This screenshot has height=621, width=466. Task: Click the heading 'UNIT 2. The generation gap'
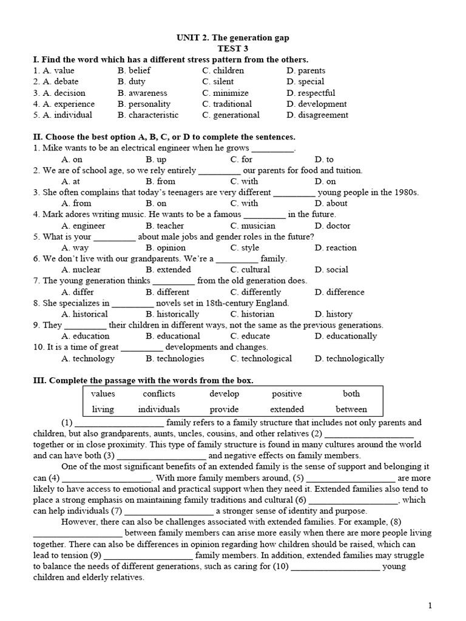tap(232, 38)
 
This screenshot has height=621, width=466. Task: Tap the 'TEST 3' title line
tap(232, 49)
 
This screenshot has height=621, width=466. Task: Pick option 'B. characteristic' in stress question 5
tap(148, 115)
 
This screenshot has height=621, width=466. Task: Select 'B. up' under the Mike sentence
tap(156, 159)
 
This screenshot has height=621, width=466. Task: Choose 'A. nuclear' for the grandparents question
tap(81, 269)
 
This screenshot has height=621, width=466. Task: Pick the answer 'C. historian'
tap(252, 314)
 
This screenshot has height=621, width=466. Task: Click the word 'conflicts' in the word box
tap(159, 394)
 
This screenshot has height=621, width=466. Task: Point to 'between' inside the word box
tap(351, 409)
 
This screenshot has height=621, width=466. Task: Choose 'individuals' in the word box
tap(159, 409)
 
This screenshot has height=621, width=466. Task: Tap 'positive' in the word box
tap(287, 394)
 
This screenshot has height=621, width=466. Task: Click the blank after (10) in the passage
tap(336, 568)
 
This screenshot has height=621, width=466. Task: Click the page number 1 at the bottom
tap(430, 605)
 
